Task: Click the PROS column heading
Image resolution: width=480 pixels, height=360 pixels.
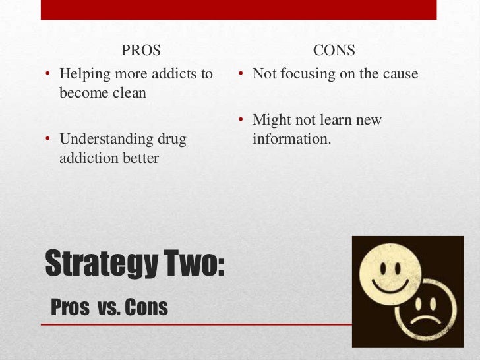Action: click(x=141, y=50)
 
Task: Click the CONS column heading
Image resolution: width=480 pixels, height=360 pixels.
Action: click(x=334, y=50)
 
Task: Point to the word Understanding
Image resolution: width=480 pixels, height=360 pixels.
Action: click(x=101, y=140)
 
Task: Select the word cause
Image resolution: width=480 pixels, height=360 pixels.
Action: click(x=400, y=74)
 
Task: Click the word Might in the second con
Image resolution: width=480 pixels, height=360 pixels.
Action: click(x=272, y=121)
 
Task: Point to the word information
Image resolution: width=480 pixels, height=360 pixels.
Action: click(x=291, y=139)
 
